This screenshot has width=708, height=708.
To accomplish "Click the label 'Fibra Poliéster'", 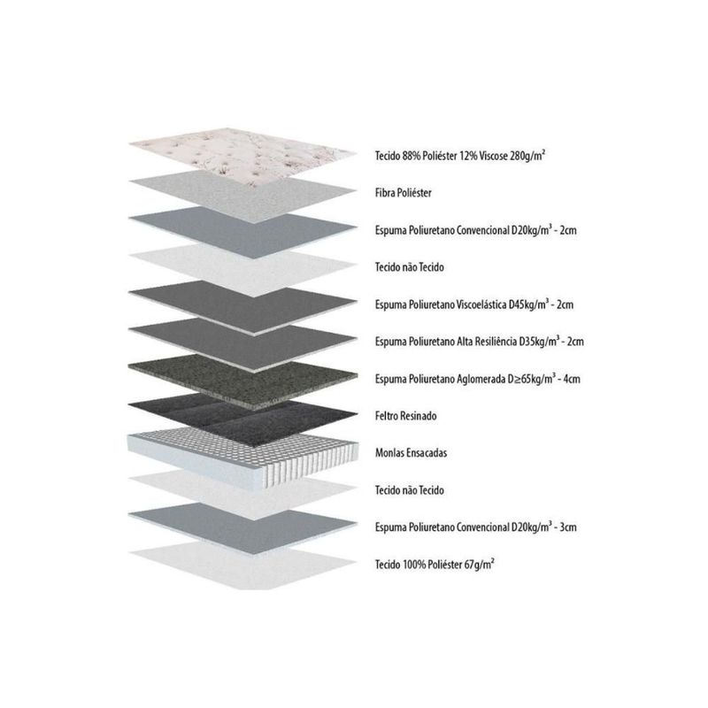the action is (404, 193).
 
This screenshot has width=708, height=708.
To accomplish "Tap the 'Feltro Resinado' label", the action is (405, 415).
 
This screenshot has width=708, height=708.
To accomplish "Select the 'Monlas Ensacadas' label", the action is (411, 452).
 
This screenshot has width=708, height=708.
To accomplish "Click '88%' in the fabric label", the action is (412, 156).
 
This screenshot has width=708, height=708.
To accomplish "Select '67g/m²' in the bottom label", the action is (479, 564).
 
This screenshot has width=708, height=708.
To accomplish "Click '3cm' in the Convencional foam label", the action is (568, 527).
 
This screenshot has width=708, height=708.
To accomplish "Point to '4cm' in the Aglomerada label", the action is (572, 379).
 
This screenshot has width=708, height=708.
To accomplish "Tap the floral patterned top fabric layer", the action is (242, 155).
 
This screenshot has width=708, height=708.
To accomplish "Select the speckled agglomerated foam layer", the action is (242, 381).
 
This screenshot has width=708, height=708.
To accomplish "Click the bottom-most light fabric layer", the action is (242, 566).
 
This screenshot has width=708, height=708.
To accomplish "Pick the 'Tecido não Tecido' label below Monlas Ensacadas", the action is (410, 490).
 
